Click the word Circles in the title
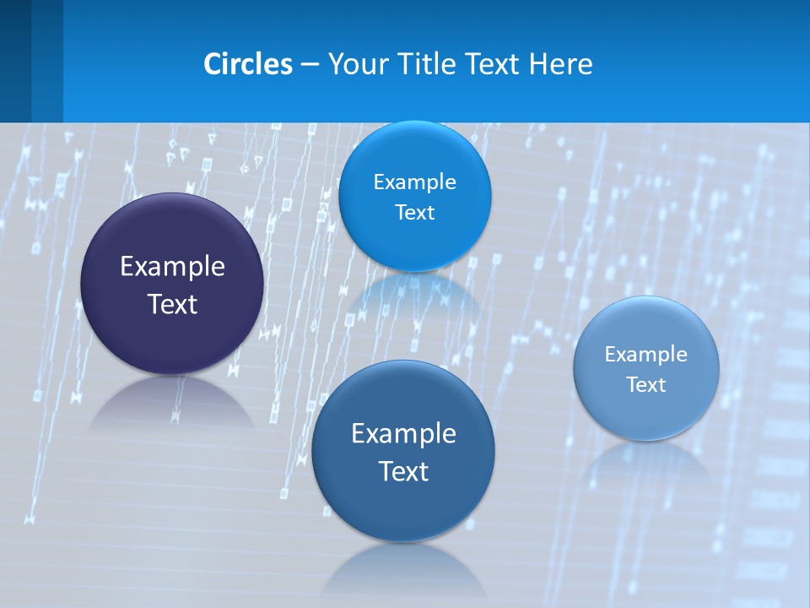pyautogui.click(x=248, y=64)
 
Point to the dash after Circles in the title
pyautogui.click(x=310, y=65)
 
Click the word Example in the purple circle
pyautogui.click(x=172, y=267)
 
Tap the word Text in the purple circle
pyautogui.click(x=172, y=304)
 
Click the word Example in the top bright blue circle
pyautogui.click(x=414, y=182)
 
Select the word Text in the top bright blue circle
pyautogui.click(x=414, y=212)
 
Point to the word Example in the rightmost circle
pyautogui.click(x=646, y=354)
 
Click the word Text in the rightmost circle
pyautogui.click(x=646, y=385)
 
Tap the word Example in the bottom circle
pyautogui.click(x=403, y=433)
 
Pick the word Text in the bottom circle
pyautogui.click(x=403, y=471)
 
